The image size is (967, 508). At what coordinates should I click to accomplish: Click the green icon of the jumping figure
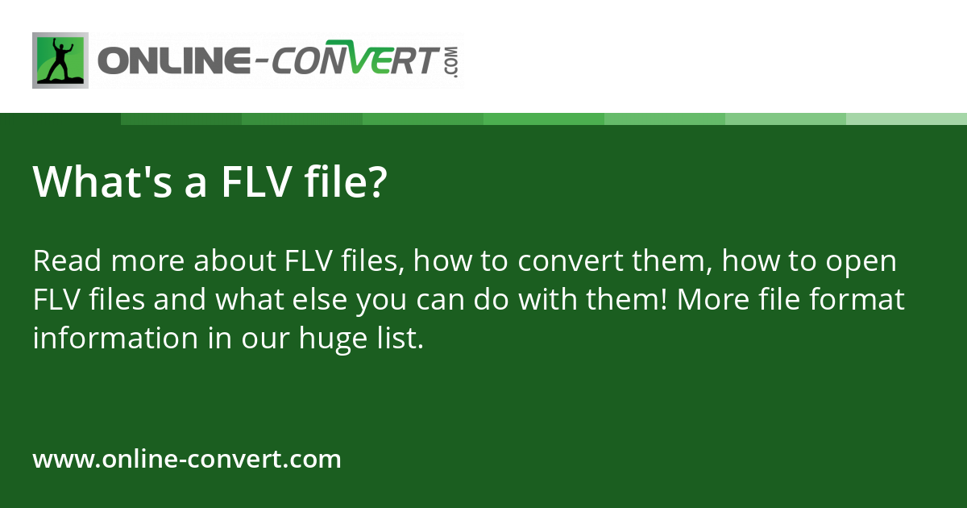tap(60, 60)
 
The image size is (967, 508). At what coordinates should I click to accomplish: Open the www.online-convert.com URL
tap(187, 460)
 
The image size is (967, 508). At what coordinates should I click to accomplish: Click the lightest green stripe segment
tap(907, 119)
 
